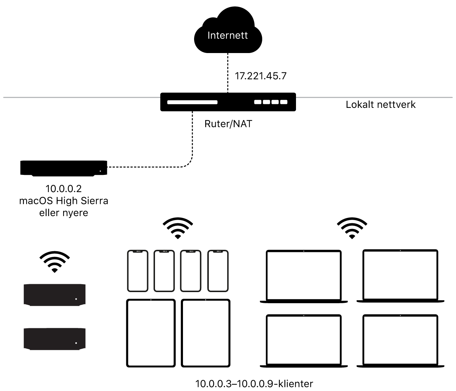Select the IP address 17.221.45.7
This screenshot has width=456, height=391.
[x=260, y=76]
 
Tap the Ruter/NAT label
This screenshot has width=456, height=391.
[x=228, y=124]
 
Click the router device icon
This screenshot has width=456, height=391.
[x=228, y=102]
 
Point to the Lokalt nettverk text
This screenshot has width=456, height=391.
[x=380, y=105]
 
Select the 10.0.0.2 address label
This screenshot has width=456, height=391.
[x=64, y=189]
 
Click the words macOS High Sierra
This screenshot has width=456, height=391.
[x=64, y=200]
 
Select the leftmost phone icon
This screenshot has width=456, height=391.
[x=138, y=271]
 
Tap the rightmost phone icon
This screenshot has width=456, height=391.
[x=218, y=271]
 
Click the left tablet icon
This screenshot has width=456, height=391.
[x=151, y=333]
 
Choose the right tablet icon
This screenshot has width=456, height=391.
[x=206, y=333]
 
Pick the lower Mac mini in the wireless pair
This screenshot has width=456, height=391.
[x=55, y=339]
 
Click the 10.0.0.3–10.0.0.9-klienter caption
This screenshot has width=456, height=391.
[x=254, y=384]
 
